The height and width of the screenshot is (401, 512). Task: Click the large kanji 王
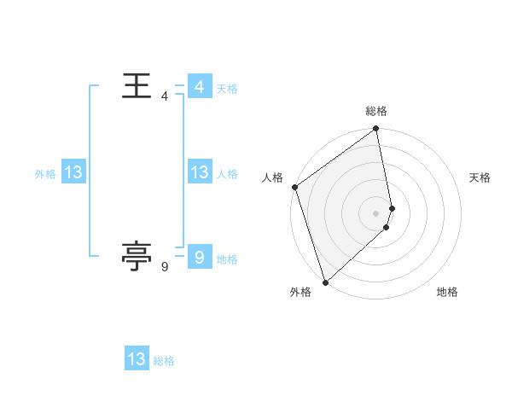(137, 86)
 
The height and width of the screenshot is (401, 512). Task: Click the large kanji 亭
(137, 254)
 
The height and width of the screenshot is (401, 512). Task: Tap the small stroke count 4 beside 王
(165, 96)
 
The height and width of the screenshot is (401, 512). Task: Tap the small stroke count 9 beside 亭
(165, 268)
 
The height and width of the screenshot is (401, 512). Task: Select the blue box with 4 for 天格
(199, 87)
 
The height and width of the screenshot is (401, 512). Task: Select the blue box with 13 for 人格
(199, 172)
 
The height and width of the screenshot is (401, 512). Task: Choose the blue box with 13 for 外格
(73, 172)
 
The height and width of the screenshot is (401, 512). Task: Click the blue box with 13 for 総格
(137, 359)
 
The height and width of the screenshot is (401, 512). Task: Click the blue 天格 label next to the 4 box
(226, 89)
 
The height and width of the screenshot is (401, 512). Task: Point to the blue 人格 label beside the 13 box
(227, 174)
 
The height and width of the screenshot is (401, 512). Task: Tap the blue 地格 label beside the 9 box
(227, 259)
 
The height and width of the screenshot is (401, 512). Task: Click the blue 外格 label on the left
(45, 174)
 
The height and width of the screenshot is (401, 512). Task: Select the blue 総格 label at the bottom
(164, 361)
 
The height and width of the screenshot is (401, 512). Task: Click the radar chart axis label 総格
(376, 111)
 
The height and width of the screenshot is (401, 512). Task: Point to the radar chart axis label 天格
(480, 177)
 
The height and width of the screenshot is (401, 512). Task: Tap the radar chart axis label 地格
(447, 292)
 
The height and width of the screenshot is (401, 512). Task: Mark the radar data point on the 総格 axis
(376, 130)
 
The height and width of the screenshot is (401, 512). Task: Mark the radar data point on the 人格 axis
(294, 187)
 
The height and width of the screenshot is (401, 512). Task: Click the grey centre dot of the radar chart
(376, 212)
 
